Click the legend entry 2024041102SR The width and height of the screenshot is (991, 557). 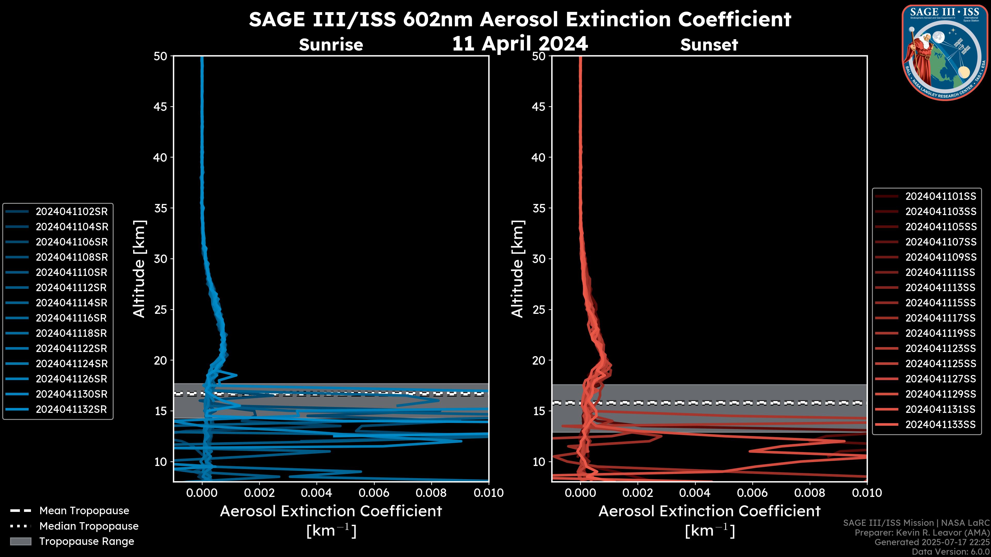(x=71, y=211)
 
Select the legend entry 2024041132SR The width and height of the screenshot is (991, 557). (x=71, y=409)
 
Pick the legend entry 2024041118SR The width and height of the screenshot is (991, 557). (x=71, y=333)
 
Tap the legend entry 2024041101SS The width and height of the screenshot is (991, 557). (x=941, y=196)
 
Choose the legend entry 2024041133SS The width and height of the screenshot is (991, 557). (x=941, y=424)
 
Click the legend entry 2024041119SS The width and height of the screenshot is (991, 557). (x=941, y=333)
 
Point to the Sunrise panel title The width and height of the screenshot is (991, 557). (x=331, y=45)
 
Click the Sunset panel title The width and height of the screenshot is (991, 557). (x=709, y=45)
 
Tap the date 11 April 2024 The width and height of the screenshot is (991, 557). (x=520, y=43)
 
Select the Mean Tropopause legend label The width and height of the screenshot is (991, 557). (x=84, y=511)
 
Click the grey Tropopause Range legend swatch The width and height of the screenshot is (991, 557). (x=21, y=541)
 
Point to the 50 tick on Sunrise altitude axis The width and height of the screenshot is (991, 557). (x=161, y=56)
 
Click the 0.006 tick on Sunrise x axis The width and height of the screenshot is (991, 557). (x=374, y=493)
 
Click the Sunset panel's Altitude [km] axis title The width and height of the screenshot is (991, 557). (x=517, y=269)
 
